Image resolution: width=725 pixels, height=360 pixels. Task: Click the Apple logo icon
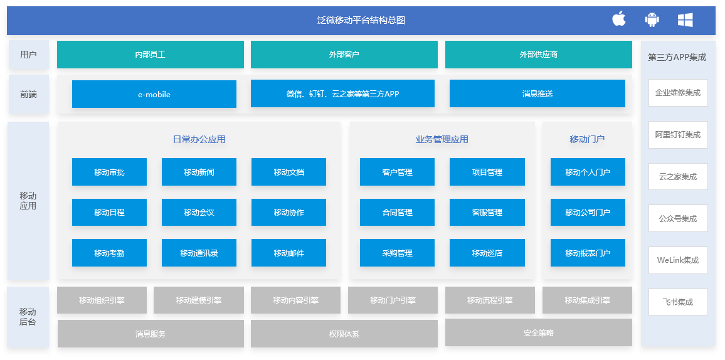618,19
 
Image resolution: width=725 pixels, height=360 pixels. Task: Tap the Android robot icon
652,19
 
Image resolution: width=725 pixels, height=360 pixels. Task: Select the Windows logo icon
685,20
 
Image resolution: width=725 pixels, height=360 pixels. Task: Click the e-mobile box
154,94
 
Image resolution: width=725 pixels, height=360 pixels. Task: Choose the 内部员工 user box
151,55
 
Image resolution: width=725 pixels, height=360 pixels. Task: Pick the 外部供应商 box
539,55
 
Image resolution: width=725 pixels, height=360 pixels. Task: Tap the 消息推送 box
537,94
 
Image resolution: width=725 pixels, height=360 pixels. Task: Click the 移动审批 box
109,172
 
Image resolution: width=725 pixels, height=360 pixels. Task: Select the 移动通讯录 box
199,253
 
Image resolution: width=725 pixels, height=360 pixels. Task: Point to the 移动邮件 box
288,253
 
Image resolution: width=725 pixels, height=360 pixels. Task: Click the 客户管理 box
397,172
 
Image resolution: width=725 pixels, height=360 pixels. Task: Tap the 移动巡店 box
487,253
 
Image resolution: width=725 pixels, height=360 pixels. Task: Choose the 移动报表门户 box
588,253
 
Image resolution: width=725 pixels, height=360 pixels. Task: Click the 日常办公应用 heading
199,139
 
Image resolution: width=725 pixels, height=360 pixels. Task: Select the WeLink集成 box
678,260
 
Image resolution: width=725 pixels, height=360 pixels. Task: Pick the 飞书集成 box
678,302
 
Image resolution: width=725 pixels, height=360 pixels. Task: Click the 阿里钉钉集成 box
678,135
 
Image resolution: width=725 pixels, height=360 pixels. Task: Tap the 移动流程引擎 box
490,300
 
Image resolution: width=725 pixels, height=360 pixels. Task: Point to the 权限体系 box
344,334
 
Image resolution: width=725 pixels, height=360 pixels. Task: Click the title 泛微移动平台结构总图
361,20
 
